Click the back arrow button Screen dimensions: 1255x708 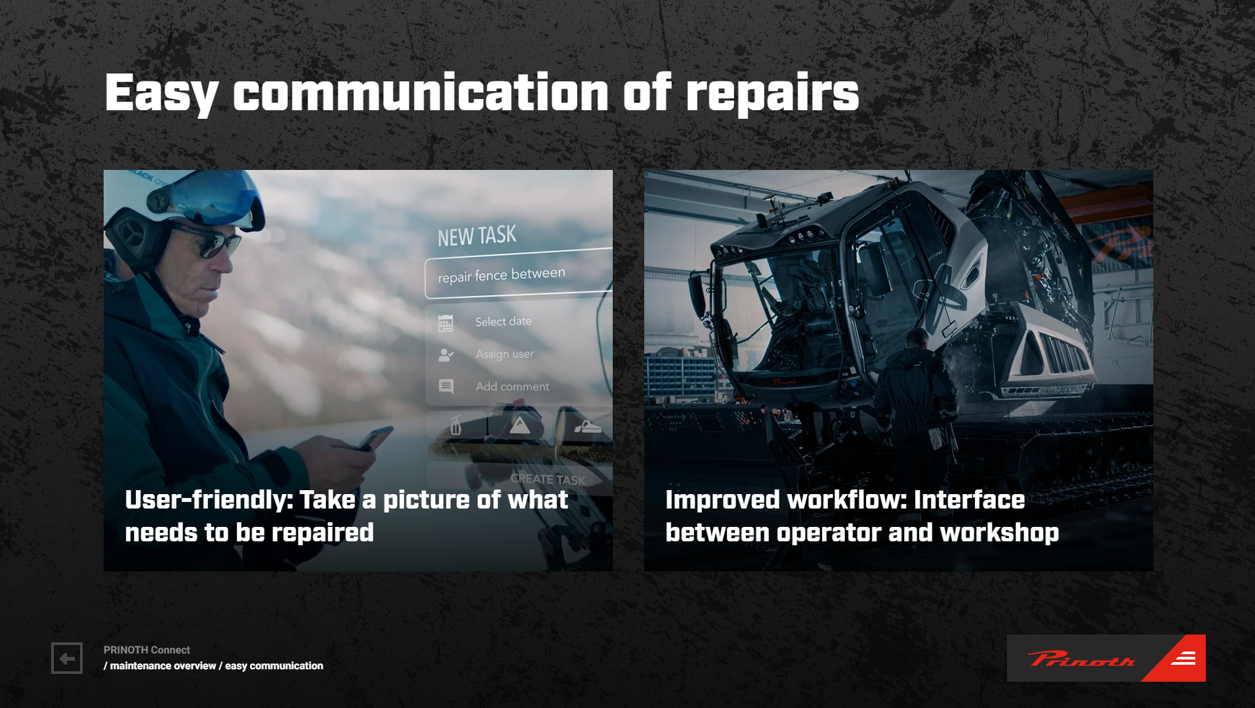pyautogui.click(x=67, y=658)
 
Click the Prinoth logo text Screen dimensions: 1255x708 pyautogui.click(x=1081, y=659)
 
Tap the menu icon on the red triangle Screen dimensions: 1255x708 pyautogui.click(x=1183, y=658)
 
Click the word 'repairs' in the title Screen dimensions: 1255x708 pyautogui.click(x=772, y=94)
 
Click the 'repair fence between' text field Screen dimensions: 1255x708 pyautogui.click(x=519, y=274)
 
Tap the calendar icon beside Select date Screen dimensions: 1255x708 pyautogui.click(x=445, y=323)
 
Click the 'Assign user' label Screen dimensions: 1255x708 pyautogui.click(x=504, y=354)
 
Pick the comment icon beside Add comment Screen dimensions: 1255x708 pyautogui.click(x=446, y=386)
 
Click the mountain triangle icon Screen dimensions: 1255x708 pyautogui.click(x=520, y=425)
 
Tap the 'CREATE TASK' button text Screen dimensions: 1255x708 pyautogui.click(x=548, y=479)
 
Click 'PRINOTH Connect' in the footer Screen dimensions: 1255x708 pyautogui.click(x=147, y=650)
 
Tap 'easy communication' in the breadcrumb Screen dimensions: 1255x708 pyautogui.click(x=274, y=666)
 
